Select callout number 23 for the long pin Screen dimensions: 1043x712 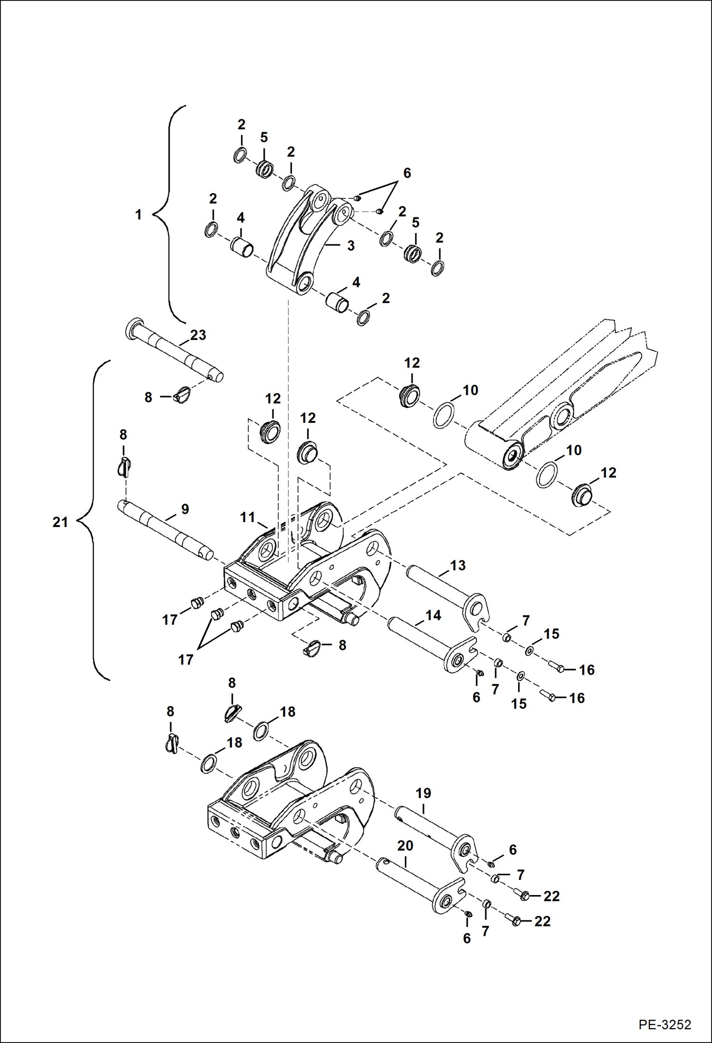pyautogui.click(x=198, y=335)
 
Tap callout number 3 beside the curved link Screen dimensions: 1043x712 pyautogui.click(x=351, y=246)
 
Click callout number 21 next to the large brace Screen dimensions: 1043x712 pyautogui.click(x=60, y=522)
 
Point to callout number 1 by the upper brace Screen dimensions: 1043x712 pyautogui.click(x=138, y=214)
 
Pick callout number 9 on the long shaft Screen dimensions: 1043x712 pyautogui.click(x=185, y=509)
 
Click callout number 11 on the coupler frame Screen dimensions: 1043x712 pyautogui.click(x=248, y=517)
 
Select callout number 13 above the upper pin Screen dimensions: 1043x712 pyautogui.click(x=458, y=565)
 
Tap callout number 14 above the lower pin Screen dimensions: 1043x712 pyautogui.click(x=433, y=615)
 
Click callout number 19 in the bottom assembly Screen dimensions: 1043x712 pyautogui.click(x=423, y=793)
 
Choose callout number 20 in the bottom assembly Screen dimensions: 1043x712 pyautogui.click(x=405, y=846)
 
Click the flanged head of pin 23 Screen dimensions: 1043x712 pyautogui.click(x=133, y=328)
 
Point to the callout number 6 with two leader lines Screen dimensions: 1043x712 pyautogui.click(x=407, y=173)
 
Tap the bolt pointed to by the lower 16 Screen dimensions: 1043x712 pyautogui.click(x=548, y=697)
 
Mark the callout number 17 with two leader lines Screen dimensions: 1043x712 pyautogui.click(x=185, y=660)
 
